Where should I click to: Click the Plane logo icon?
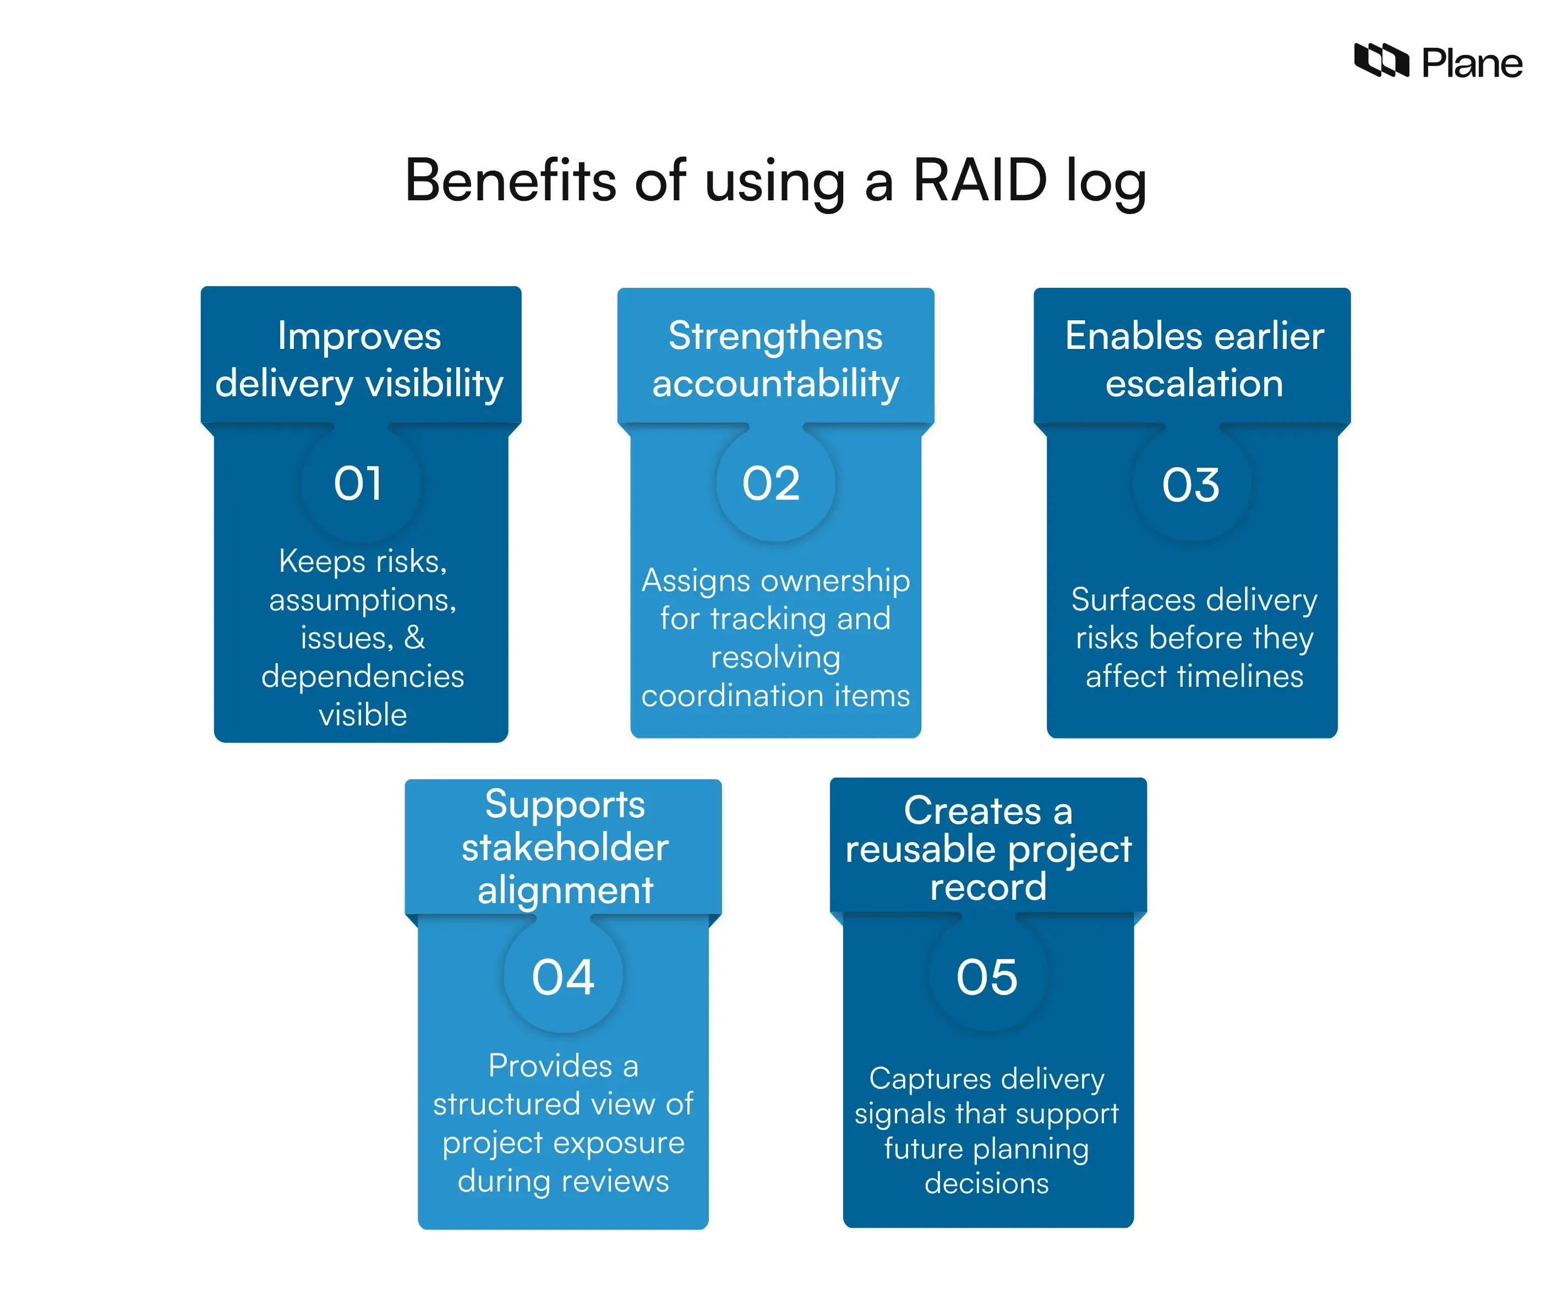1380,60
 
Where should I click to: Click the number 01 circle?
359,484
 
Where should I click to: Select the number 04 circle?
563,977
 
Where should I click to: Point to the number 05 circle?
987,977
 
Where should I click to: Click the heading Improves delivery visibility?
360,360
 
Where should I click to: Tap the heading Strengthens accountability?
775,360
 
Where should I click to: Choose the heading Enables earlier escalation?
1194,360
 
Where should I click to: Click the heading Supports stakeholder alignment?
565,846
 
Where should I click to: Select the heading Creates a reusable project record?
988,849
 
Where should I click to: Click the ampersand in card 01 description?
414,638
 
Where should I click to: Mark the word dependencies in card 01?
362,676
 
